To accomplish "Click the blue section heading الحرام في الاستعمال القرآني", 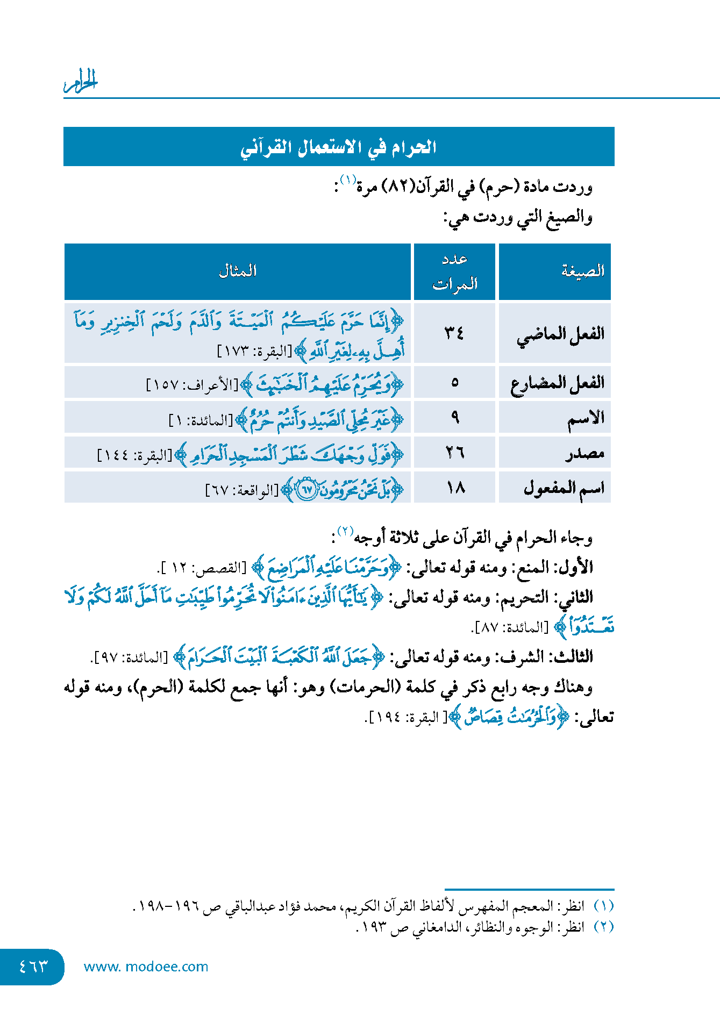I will tap(338, 147).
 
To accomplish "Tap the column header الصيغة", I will tap(583, 271).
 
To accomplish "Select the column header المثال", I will tap(237, 271).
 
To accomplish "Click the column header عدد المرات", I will tap(454, 271).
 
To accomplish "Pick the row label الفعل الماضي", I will tap(560, 334).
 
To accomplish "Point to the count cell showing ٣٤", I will tap(454, 333).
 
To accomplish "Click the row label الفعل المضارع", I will tap(557, 383).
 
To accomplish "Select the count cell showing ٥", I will tap(454, 383).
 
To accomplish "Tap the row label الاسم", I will tap(586, 418).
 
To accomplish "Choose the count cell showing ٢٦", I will tap(454, 453).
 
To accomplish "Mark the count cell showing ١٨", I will tap(454, 488).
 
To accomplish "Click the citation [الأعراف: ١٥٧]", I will tap(192, 384).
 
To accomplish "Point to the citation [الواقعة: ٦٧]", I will tap(242, 490).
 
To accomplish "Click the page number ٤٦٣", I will tap(33, 967).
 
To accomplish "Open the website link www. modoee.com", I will tap(146, 967).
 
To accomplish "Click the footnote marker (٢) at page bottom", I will tap(604, 927).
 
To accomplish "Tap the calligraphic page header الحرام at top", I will tap(81, 81).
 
